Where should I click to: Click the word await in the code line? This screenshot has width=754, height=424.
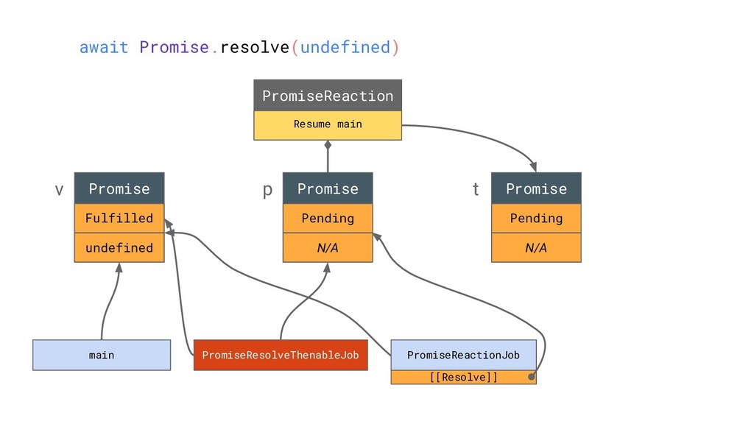pos(104,48)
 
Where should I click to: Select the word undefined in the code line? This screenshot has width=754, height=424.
pos(345,48)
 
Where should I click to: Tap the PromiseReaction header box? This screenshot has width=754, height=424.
pos(328,96)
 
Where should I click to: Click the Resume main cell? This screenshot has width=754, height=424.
pos(328,125)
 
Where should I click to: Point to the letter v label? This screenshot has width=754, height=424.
pos(59,190)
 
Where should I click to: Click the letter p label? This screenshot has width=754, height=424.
pos(267,191)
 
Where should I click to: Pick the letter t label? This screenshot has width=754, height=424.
pos(476,189)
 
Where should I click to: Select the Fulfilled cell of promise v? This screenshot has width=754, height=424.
pos(119,218)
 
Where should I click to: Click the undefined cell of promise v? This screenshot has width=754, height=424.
pos(119,247)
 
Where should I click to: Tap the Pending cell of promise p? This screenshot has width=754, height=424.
pos(328,218)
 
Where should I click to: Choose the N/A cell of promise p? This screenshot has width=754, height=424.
pos(328,247)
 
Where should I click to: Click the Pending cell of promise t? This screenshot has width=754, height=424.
pos(536,218)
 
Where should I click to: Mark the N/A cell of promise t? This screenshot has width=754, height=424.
pos(536,247)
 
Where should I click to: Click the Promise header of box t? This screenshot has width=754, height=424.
pos(536,188)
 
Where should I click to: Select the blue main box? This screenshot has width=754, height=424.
pos(102,356)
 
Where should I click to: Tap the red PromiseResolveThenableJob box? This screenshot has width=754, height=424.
pos(281,356)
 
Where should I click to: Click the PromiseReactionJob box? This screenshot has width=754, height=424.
pos(464,356)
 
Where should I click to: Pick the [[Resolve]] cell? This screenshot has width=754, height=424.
pos(464,378)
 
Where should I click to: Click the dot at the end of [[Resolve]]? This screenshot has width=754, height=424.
pos(532,377)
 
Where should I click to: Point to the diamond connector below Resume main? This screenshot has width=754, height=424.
pos(328,145)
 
